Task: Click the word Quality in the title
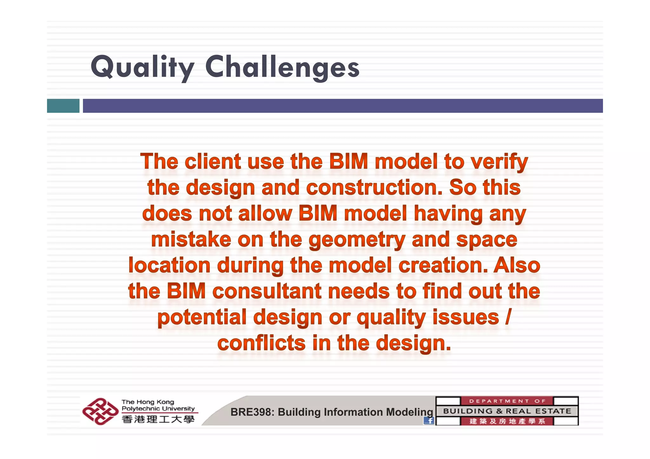click(x=142, y=67)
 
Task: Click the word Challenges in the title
click(x=282, y=67)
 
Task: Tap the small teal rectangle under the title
click(x=63, y=106)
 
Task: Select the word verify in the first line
click(x=499, y=162)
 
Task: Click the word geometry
click(x=356, y=240)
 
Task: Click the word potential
click(x=202, y=317)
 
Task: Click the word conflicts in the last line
click(x=261, y=343)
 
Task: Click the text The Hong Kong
click(x=148, y=402)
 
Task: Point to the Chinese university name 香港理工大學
click(x=158, y=420)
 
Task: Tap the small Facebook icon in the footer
click(x=429, y=421)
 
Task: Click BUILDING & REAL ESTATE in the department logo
click(x=507, y=411)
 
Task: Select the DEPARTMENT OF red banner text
click(x=507, y=401)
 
